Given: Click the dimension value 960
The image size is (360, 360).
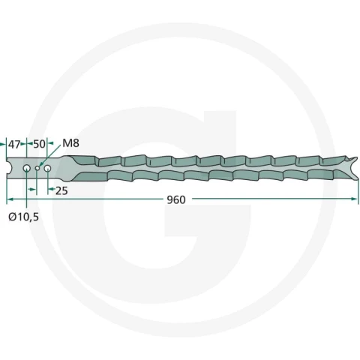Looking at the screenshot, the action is tap(176, 200).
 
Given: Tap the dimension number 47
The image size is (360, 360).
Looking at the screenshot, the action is tap(14, 144).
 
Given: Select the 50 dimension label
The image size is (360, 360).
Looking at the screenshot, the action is tap(39, 144).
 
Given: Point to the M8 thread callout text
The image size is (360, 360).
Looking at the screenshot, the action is tap(70, 143).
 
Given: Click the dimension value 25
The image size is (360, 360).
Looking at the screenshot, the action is tap(61, 190).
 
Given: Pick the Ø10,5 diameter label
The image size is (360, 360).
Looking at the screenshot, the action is tap(24, 217).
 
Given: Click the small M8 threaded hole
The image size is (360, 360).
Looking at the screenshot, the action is tap(37, 168).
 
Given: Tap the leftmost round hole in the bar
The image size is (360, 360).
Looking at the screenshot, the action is tap(27, 168).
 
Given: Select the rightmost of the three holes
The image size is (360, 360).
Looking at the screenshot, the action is tap(47, 168).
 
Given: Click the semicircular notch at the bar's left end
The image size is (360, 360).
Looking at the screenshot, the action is tap(8, 168).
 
